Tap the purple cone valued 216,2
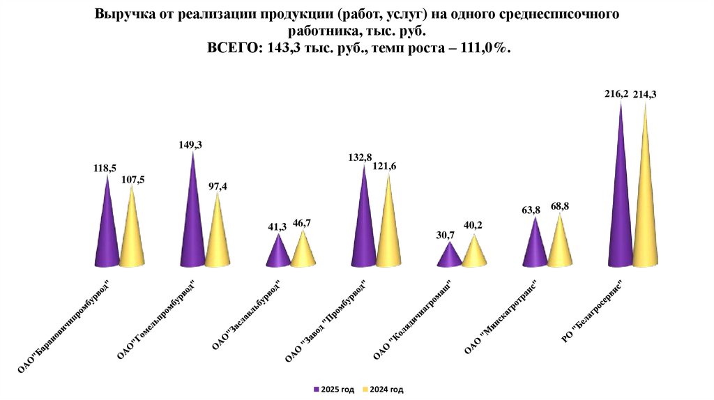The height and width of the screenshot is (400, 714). (621, 202)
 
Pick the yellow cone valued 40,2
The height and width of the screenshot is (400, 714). (474, 254)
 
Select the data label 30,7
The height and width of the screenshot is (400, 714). (446, 235)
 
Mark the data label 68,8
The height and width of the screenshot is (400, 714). (561, 207)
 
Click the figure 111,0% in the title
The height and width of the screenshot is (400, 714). (482, 48)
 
